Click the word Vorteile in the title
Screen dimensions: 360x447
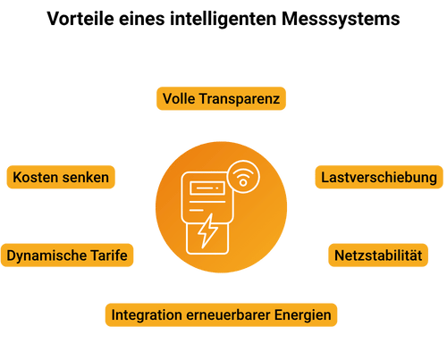click(80, 17)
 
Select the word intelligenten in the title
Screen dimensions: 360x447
click(221, 17)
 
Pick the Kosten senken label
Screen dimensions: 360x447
click(61, 177)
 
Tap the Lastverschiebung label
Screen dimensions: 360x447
click(379, 177)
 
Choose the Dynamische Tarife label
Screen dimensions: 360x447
click(68, 255)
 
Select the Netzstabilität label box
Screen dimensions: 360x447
click(376, 255)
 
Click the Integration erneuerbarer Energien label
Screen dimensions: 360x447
click(221, 314)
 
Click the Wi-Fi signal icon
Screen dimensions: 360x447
click(240, 177)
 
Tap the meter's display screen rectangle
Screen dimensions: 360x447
click(206, 188)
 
